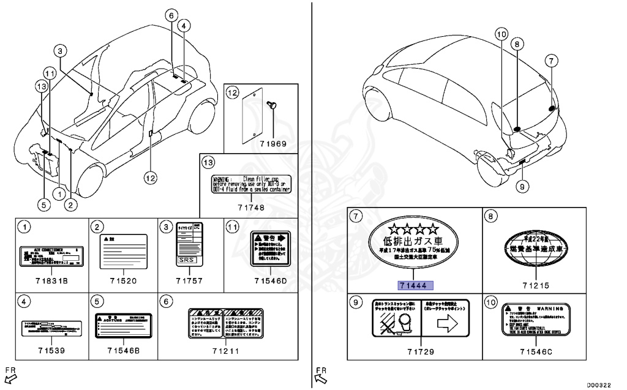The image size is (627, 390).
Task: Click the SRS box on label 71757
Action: pos(185,260)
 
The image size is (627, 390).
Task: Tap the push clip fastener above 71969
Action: pos(273,106)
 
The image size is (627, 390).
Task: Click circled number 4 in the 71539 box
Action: pos(23,301)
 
